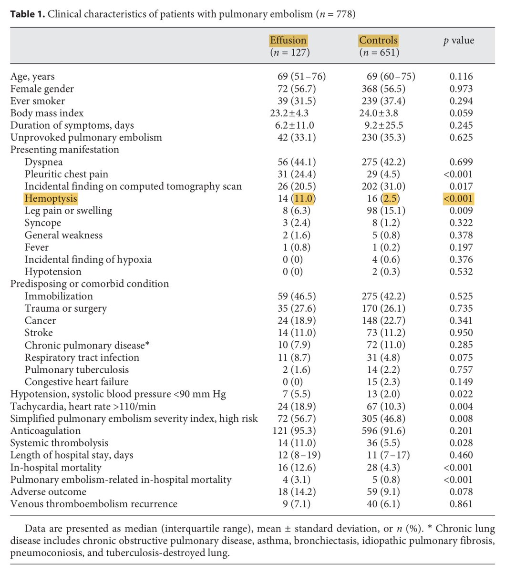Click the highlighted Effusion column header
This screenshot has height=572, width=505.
pyautogui.click(x=288, y=40)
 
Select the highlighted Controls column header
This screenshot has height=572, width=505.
pyautogui.click(x=378, y=40)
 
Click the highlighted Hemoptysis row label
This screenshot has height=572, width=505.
pyautogui.click(x=51, y=198)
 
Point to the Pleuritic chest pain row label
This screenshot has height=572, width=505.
pyautogui.click(x=66, y=174)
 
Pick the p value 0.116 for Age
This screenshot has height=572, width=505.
pyautogui.click(x=461, y=76)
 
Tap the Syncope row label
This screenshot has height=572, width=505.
pyautogui.click(x=43, y=223)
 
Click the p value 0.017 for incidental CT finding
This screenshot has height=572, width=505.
pyautogui.click(x=461, y=186)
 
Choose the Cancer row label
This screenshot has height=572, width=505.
pyautogui.click(x=40, y=320)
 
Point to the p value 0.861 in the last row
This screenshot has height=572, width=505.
pyautogui.click(x=461, y=504)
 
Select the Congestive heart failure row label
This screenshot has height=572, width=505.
pyautogui.click(x=76, y=382)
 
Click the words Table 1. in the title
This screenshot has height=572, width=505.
pyautogui.click(x=29, y=14)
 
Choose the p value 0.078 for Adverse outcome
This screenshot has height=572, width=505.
pyautogui.click(x=461, y=492)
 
